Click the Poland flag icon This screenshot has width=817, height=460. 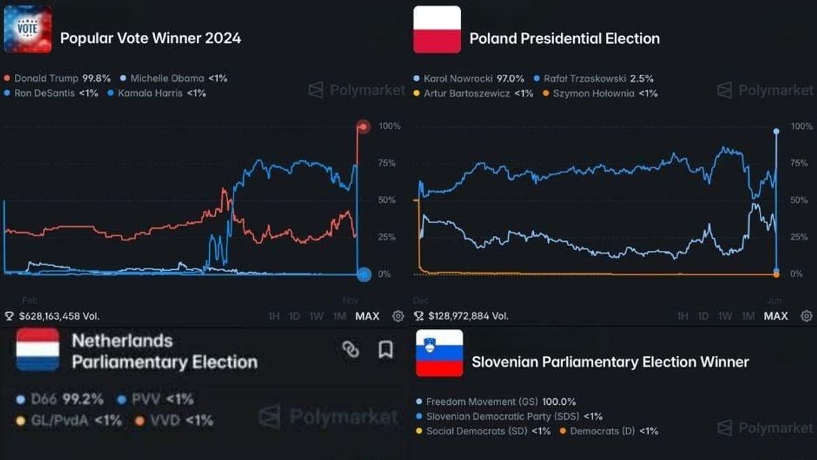437,29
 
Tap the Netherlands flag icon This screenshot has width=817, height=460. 37,350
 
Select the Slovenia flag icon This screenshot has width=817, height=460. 439,353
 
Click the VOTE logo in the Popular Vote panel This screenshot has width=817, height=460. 28,29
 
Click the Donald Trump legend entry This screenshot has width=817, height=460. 58,78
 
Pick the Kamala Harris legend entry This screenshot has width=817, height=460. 157,93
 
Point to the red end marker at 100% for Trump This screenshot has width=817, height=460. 364,127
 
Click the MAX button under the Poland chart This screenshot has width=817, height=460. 775,316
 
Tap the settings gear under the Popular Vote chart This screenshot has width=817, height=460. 398,316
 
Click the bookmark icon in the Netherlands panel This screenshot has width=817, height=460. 385,350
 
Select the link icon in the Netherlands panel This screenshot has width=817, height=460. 351,350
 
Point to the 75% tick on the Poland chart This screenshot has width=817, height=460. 799,164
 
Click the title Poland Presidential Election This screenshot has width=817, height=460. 564,39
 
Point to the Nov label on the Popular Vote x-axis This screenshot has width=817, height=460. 351,301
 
